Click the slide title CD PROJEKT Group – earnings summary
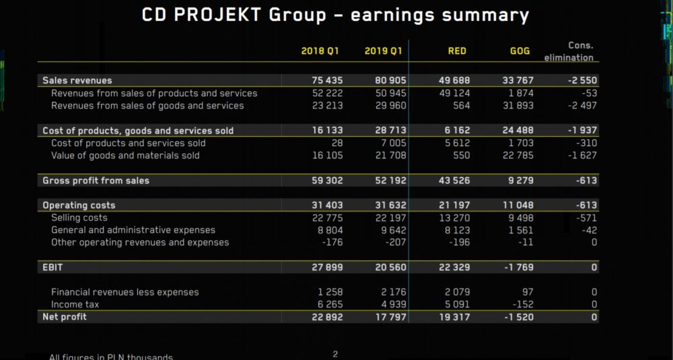point(335,15)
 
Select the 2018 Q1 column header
point(320,51)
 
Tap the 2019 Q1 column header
point(384,51)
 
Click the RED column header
point(457,51)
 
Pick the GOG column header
point(520,51)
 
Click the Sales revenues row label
point(77,81)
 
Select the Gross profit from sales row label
point(96,180)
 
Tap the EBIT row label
point(53,267)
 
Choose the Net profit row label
point(65,317)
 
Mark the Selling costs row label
point(79,218)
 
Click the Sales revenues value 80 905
point(390,81)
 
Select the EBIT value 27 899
point(327,267)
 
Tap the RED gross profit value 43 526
point(454,180)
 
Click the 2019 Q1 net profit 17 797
point(390,317)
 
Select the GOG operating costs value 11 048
point(518,205)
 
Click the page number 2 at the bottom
point(335,354)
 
